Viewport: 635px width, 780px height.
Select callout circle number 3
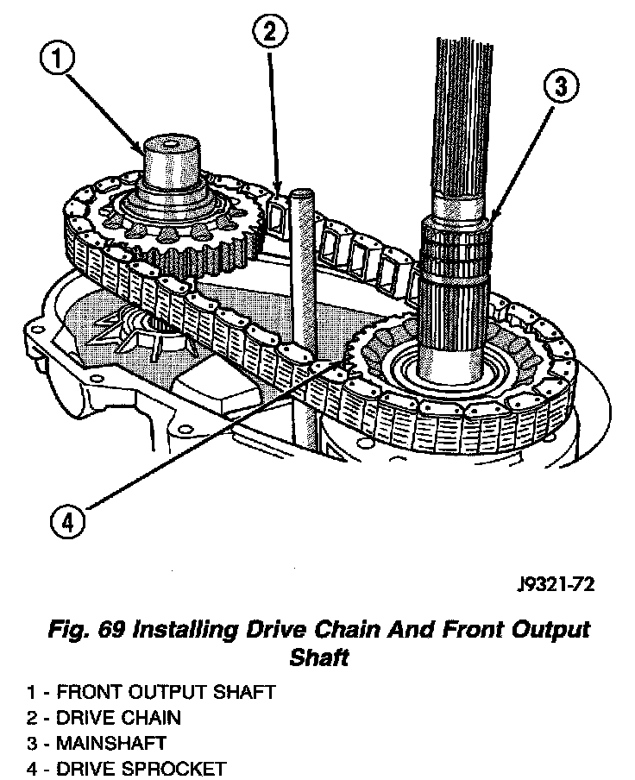tap(561, 86)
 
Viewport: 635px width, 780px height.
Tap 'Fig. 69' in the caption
tap(85, 629)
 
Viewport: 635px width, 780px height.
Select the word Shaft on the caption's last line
tap(319, 657)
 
